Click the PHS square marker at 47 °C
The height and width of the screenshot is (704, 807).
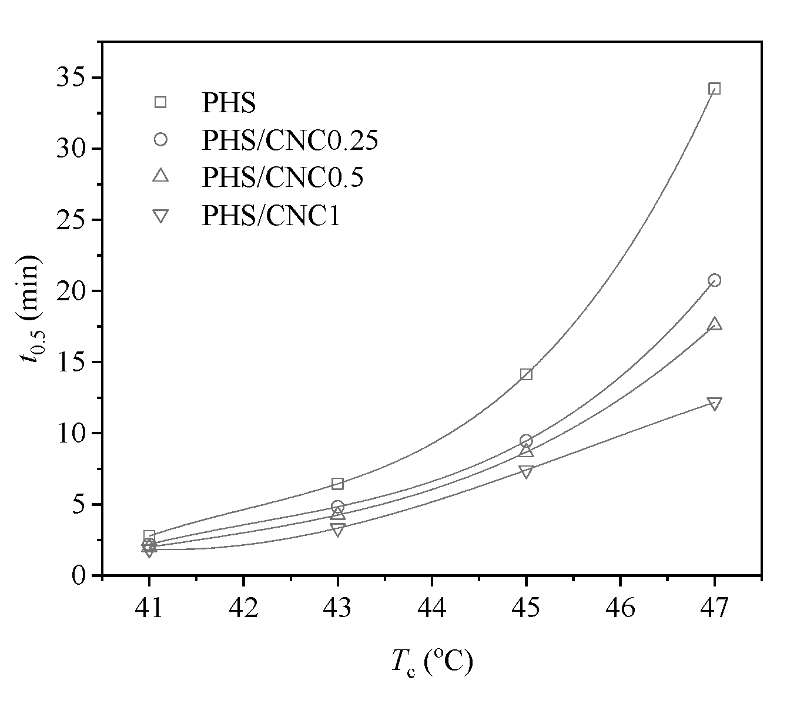(x=714, y=89)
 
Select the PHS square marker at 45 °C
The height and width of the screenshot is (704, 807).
(x=526, y=374)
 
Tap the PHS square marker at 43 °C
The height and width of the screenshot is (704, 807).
(x=337, y=484)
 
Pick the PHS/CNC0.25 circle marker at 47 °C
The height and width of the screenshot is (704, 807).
(x=714, y=280)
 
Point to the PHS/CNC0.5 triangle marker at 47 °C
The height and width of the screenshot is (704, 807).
(x=714, y=324)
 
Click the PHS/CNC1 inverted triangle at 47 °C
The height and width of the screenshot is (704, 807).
(x=714, y=404)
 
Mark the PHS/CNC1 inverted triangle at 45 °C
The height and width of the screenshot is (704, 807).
(x=526, y=471)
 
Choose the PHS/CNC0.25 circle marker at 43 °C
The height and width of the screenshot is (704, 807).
(x=337, y=507)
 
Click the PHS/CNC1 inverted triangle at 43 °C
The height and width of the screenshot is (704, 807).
(x=337, y=529)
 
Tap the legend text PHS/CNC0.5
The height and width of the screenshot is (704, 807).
(x=283, y=177)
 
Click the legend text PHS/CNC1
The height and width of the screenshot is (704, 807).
(x=271, y=216)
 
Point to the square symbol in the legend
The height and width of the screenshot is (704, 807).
(x=160, y=102)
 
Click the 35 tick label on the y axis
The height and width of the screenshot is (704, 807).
(x=72, y=78)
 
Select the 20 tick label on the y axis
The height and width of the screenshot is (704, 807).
(x=72, y=291)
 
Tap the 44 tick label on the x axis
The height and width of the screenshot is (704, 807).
(x=431, y=608)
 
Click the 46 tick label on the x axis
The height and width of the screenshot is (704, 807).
(x=620, y=608)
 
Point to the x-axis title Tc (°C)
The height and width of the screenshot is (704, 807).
(x=431, y=663)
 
